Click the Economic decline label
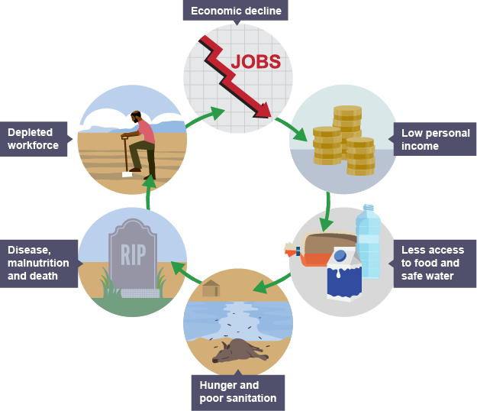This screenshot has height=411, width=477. (x=236, y=11)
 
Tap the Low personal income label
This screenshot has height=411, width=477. (x=433, y=139)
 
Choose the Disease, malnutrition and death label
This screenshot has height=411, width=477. (x=40, y=263)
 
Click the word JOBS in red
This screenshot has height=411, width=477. (x=256, y=62)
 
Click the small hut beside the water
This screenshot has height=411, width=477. (x=211, y=290)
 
